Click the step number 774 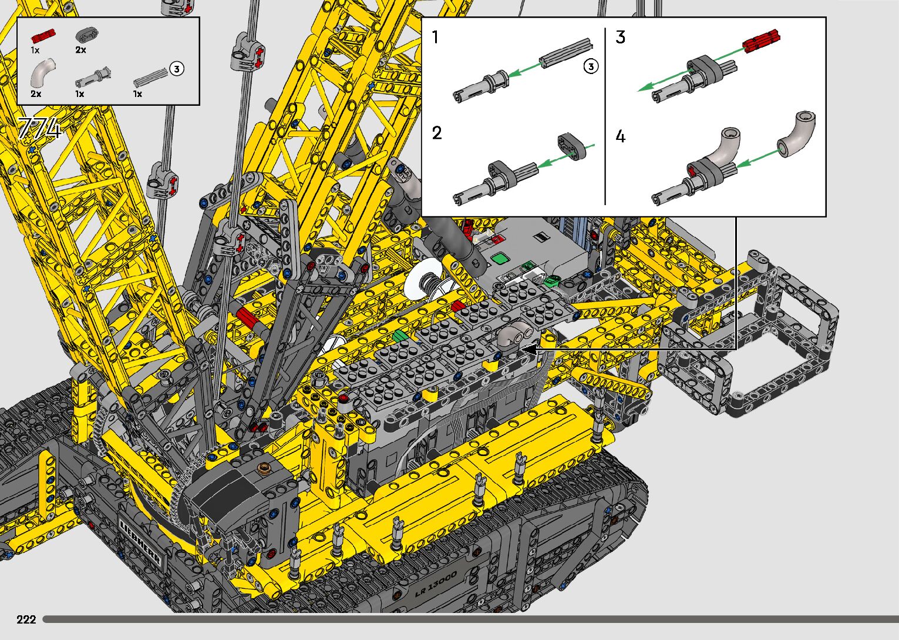point(40,128)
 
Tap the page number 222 point(26,619)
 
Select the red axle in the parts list point(43,37)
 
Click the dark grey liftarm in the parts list point(87,35)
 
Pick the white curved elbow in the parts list point(42,72)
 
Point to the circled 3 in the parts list point(177,69)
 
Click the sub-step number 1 point(436,38)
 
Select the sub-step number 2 point(437,133)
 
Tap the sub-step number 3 point(621,38)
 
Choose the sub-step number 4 point(621,137)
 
